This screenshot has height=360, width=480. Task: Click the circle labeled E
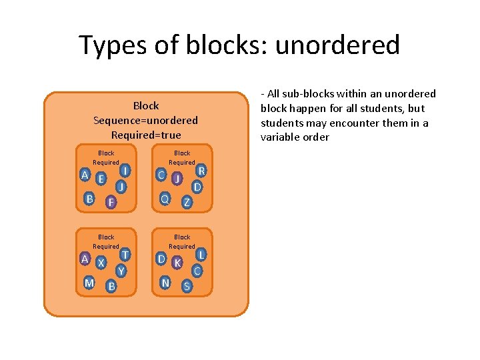pos(101,179)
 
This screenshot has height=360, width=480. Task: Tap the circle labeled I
pos(125,171)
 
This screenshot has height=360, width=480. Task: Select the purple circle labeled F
pos(111,201)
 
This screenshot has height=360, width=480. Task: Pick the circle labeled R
pos(201,171)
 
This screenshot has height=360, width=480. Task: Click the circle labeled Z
pos(187,201)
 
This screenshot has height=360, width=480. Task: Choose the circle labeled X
pos(101,263)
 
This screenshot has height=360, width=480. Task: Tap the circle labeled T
pos(125,255)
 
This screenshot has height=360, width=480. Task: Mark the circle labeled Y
pos(121,271)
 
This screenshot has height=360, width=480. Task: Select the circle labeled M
pos(89,283)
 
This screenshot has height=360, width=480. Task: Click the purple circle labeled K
pos(177,263)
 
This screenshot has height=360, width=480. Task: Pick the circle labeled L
pos(201,255)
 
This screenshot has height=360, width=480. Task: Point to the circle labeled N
pos(165,283)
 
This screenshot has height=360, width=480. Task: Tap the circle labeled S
pos(187,286)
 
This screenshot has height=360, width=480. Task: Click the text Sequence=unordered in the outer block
pos(145,121)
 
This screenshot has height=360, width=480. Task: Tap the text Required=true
pos(145,135)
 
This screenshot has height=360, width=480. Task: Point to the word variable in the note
pos(285,137)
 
